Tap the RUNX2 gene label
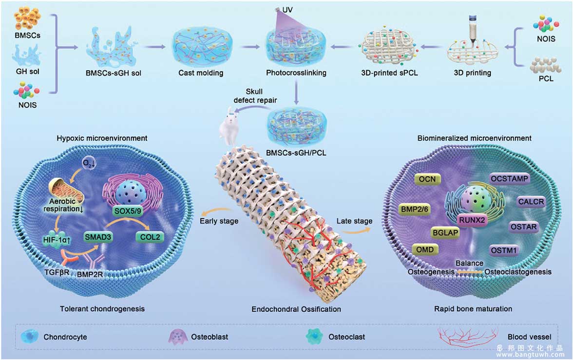[472, 220]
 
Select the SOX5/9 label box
[128, 210]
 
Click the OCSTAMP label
[510, 179]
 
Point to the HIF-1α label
[57, 240]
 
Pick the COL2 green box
[150, 237]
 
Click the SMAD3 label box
[98, 237]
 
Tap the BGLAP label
[445, 232]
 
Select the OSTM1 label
[504, 250]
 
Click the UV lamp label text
[287, 10]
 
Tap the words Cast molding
[201, 73]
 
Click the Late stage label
[355, 221]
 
